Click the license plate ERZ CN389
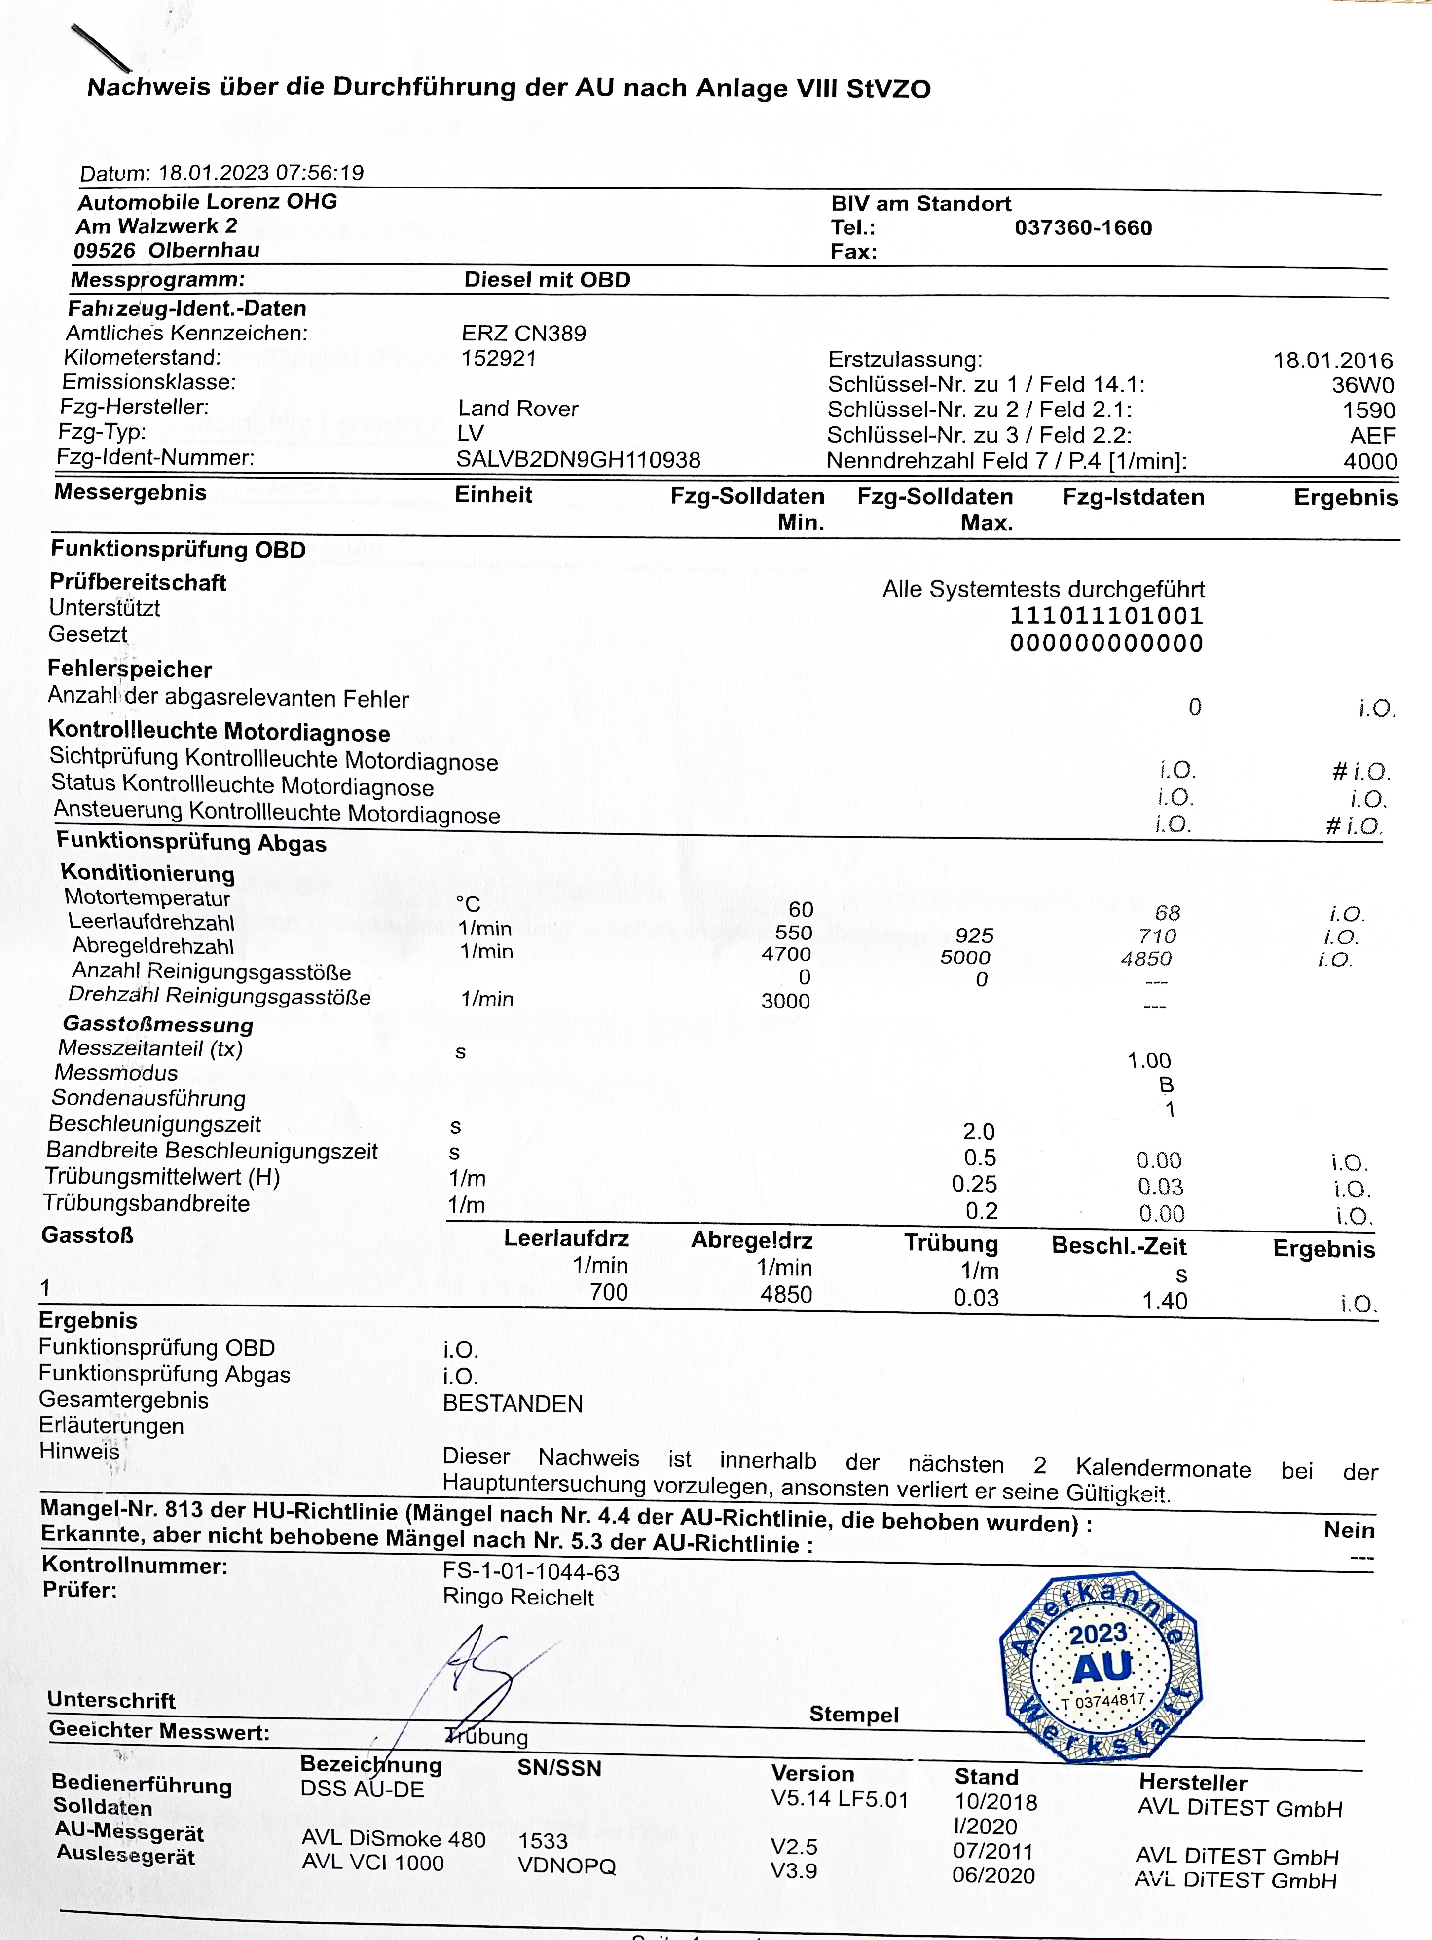click(523, 334)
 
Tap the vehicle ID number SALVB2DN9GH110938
click(578, 459)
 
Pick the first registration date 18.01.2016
click(1332, 361)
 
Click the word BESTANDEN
click(513, 1403)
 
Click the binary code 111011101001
click(1106, 616)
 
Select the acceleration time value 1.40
click(1164, 1300)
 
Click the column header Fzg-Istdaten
click(1133, 497)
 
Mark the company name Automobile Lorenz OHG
click(207, 202)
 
